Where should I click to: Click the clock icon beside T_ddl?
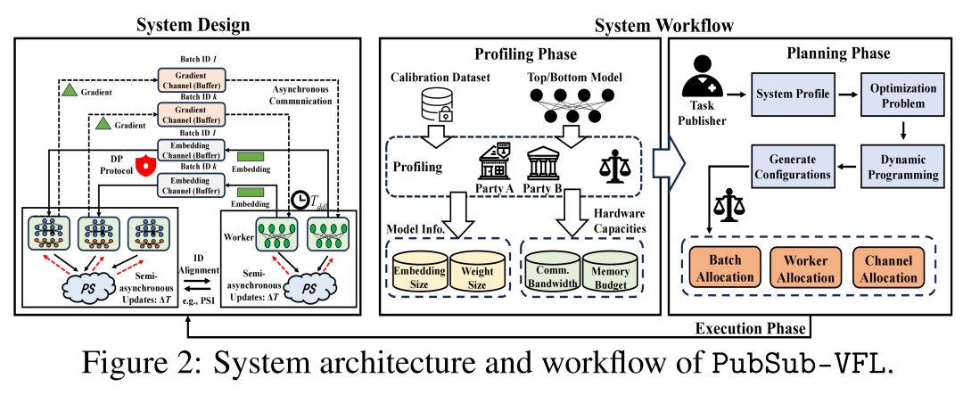[300, 198]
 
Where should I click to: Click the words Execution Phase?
[751, 329]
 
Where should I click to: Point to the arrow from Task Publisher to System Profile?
[737, 94]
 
